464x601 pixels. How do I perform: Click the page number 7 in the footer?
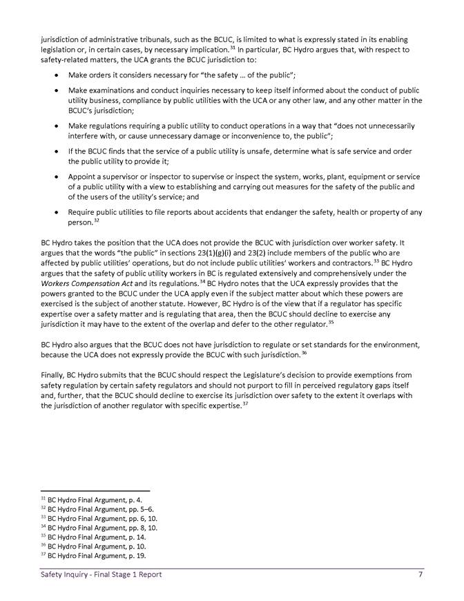[420, 574]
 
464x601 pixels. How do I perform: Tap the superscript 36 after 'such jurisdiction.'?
[304, 353]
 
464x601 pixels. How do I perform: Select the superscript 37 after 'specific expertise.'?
[245, 403]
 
